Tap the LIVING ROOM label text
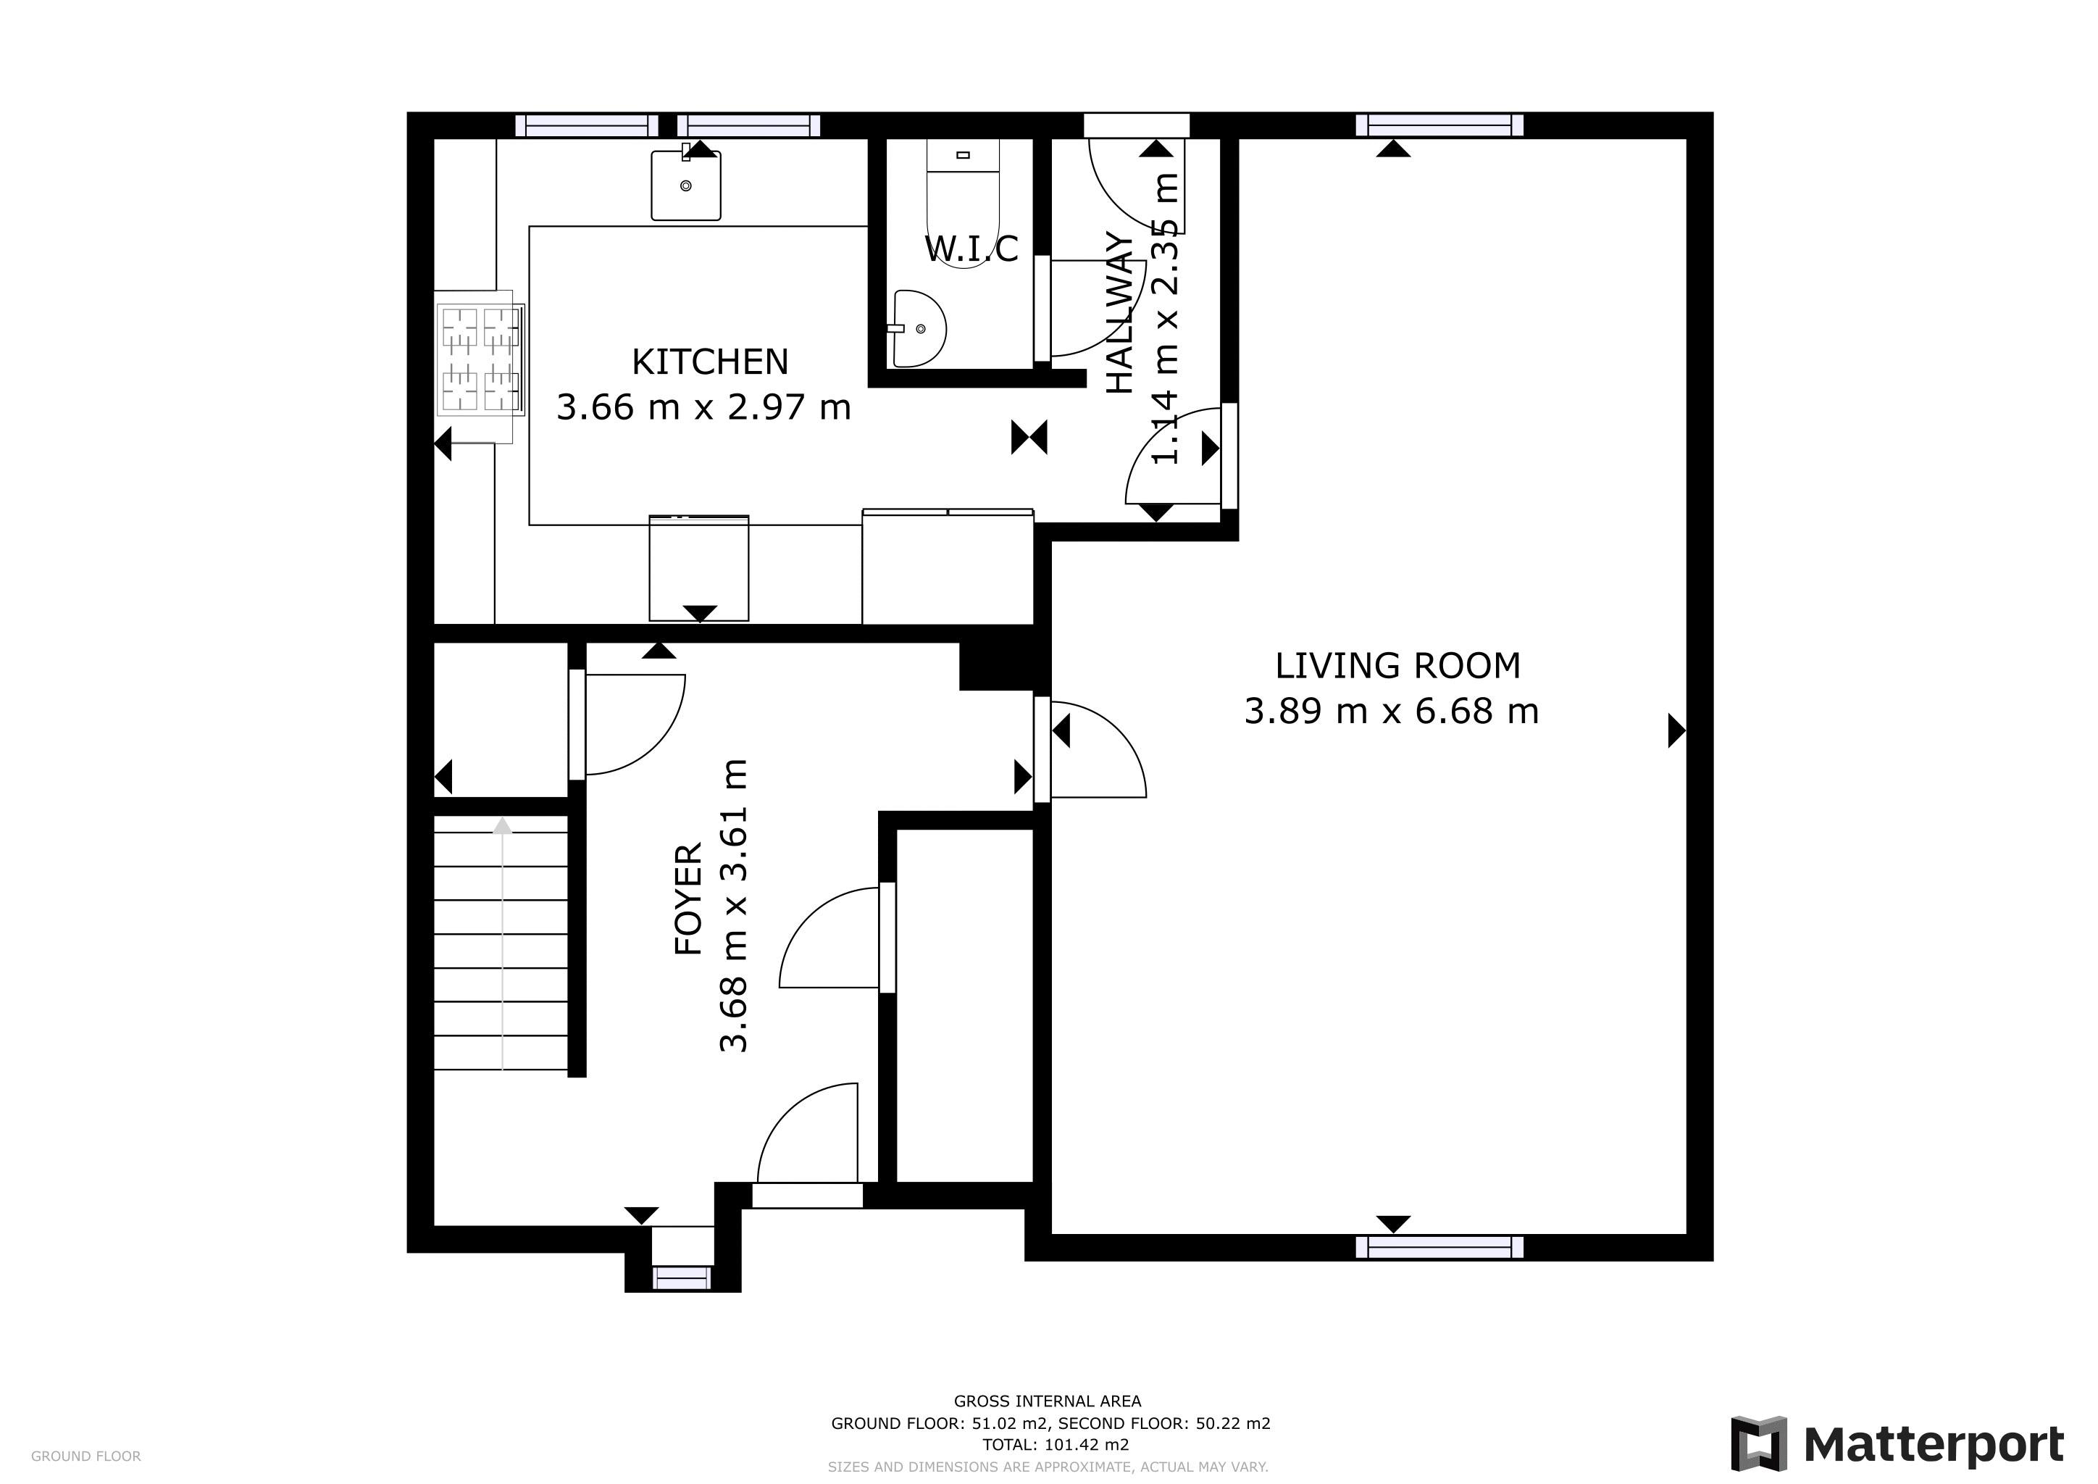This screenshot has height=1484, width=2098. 1397,666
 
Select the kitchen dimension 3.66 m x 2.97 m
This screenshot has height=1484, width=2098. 703,407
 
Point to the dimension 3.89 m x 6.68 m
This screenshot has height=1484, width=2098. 1391,712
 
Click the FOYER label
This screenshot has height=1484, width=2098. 688,899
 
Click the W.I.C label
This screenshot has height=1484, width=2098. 971,249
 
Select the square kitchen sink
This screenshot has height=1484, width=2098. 685,186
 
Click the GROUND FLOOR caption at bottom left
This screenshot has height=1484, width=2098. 86,1456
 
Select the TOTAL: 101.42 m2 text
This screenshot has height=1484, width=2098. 1056,1445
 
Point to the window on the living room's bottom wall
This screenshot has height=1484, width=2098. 1439,1247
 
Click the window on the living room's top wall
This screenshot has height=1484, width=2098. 1439,125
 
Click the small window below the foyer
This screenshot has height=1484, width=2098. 682,1277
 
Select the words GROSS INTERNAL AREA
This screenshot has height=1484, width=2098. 1047,1401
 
